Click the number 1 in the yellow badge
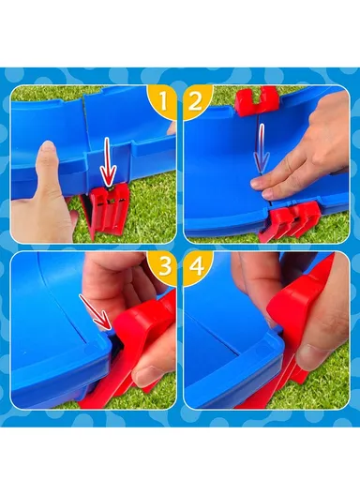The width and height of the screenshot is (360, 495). [x=163, y=100]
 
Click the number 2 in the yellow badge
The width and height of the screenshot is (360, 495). [x=195, y=100]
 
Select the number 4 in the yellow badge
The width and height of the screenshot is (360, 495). [x=196, y=267]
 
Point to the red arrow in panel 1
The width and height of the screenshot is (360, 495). [x=108, y=161]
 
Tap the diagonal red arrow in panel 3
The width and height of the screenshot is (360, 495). [x=95, y=312]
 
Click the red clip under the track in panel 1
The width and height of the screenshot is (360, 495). [x=106, y=210]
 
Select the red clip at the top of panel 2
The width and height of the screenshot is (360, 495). [x=257, y=100]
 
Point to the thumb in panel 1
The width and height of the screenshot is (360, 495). [x=48, y=177]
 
